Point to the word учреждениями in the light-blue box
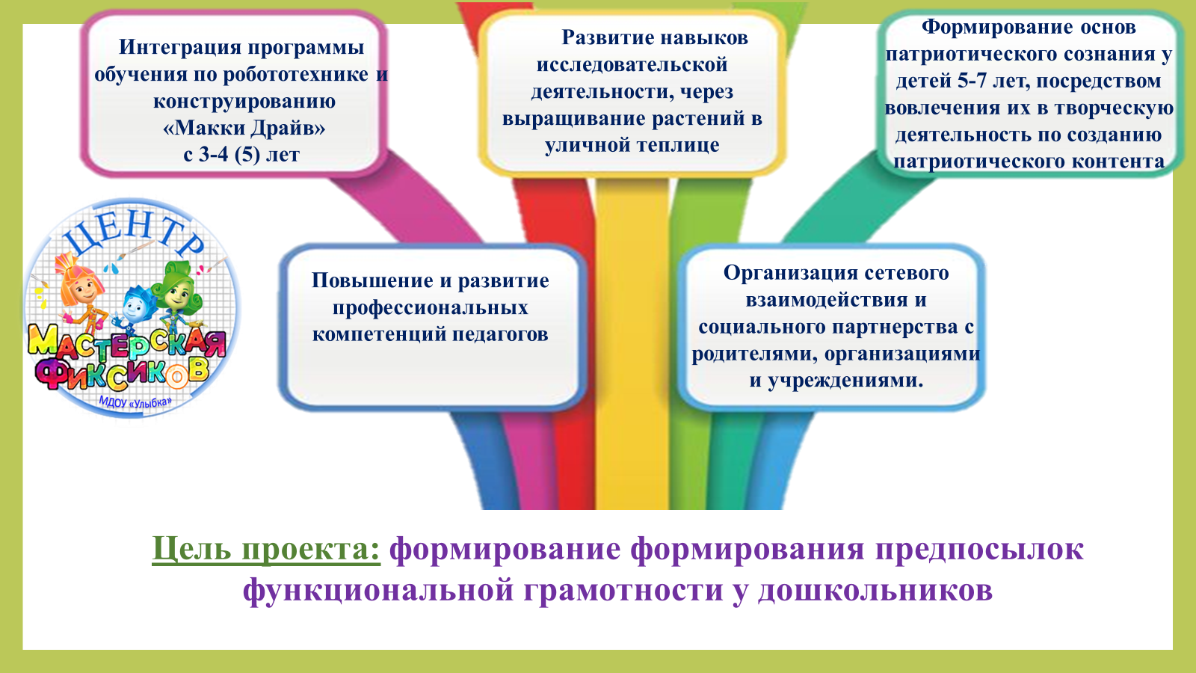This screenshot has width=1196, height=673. tap(845, 381)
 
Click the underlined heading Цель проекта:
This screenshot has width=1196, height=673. tap(266, 550)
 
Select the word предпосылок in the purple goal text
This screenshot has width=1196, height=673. tap(978, 549)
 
